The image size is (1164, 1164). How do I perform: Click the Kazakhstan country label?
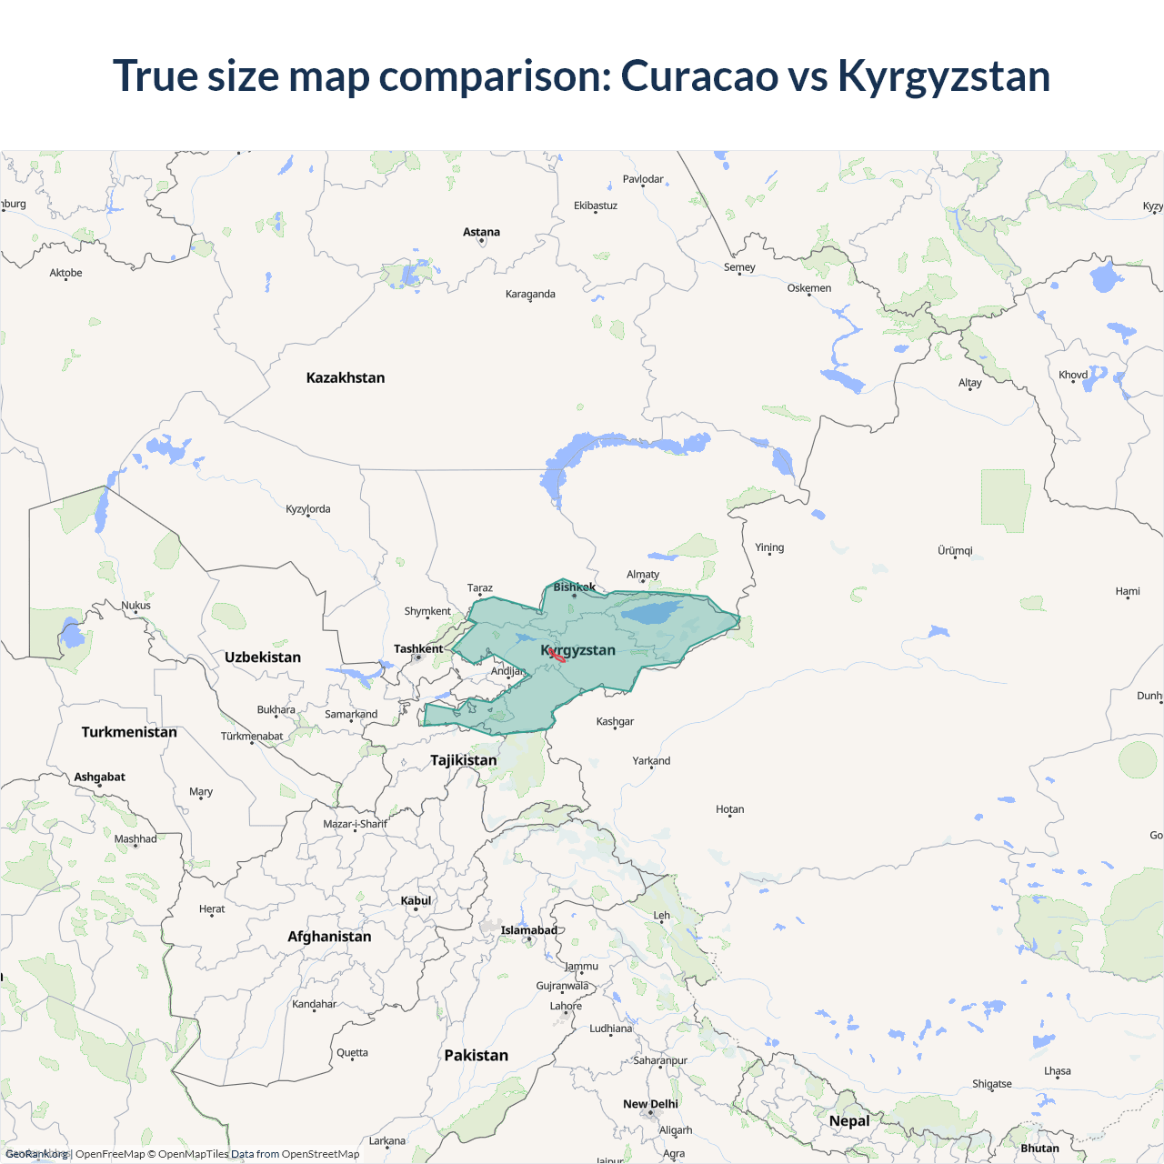pos(346,377)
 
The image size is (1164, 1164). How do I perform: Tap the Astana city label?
pos(481,232)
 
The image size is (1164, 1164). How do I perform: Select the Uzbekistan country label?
pos(263,657)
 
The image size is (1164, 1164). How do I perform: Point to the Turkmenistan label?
pos(129,732)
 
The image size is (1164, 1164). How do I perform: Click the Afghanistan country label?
pos(329,937)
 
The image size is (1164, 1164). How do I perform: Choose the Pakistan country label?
pos(476,1055)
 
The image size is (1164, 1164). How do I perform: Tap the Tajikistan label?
pos(464,760)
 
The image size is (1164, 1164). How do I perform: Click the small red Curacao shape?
pos(557,655)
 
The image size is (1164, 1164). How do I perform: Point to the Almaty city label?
pos(643,575)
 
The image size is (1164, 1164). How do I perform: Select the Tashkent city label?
pos(418,648)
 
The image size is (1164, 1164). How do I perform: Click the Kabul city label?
pos(416,900)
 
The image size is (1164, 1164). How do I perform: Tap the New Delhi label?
pos(650,1104)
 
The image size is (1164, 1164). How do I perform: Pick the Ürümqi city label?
pos(955,551)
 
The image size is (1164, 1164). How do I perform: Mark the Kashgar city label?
pos(615,722)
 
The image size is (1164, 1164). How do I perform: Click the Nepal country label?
pos(849,1120)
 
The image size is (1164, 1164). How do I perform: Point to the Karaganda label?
pos(530,294)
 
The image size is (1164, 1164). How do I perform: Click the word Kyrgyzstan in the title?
pos(944,75)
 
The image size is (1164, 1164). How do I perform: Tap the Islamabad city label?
pos(529,930)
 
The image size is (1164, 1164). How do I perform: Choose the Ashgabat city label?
pos(100,777)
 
